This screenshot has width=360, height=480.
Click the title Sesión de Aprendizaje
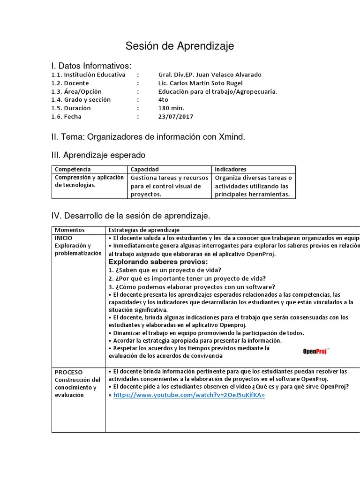pos(180,46)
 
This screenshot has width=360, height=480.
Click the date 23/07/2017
pos(176,117)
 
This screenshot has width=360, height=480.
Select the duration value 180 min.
pos(171,108)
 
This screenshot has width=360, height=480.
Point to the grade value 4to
pos(163,100)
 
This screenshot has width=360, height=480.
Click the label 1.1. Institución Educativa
pos(88,75)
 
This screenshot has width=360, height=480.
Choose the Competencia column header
pos(73,169)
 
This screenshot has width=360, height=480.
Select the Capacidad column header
pos(144,169)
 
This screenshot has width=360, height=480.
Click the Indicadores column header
pos(231,169)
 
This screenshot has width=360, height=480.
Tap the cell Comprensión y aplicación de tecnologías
pos(89,181)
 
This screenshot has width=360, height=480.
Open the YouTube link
pos(189,395)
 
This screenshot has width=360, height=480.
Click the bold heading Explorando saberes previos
pos(158,262)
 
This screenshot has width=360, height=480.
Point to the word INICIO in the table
pos(64,238)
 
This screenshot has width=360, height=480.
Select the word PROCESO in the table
pos(68,372)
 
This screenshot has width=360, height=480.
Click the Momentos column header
pos(70,230)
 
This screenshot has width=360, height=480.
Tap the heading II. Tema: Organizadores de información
pos(148,137)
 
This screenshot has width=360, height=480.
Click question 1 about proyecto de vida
pos(165,270)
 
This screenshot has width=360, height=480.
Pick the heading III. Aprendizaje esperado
pos(98,155)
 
